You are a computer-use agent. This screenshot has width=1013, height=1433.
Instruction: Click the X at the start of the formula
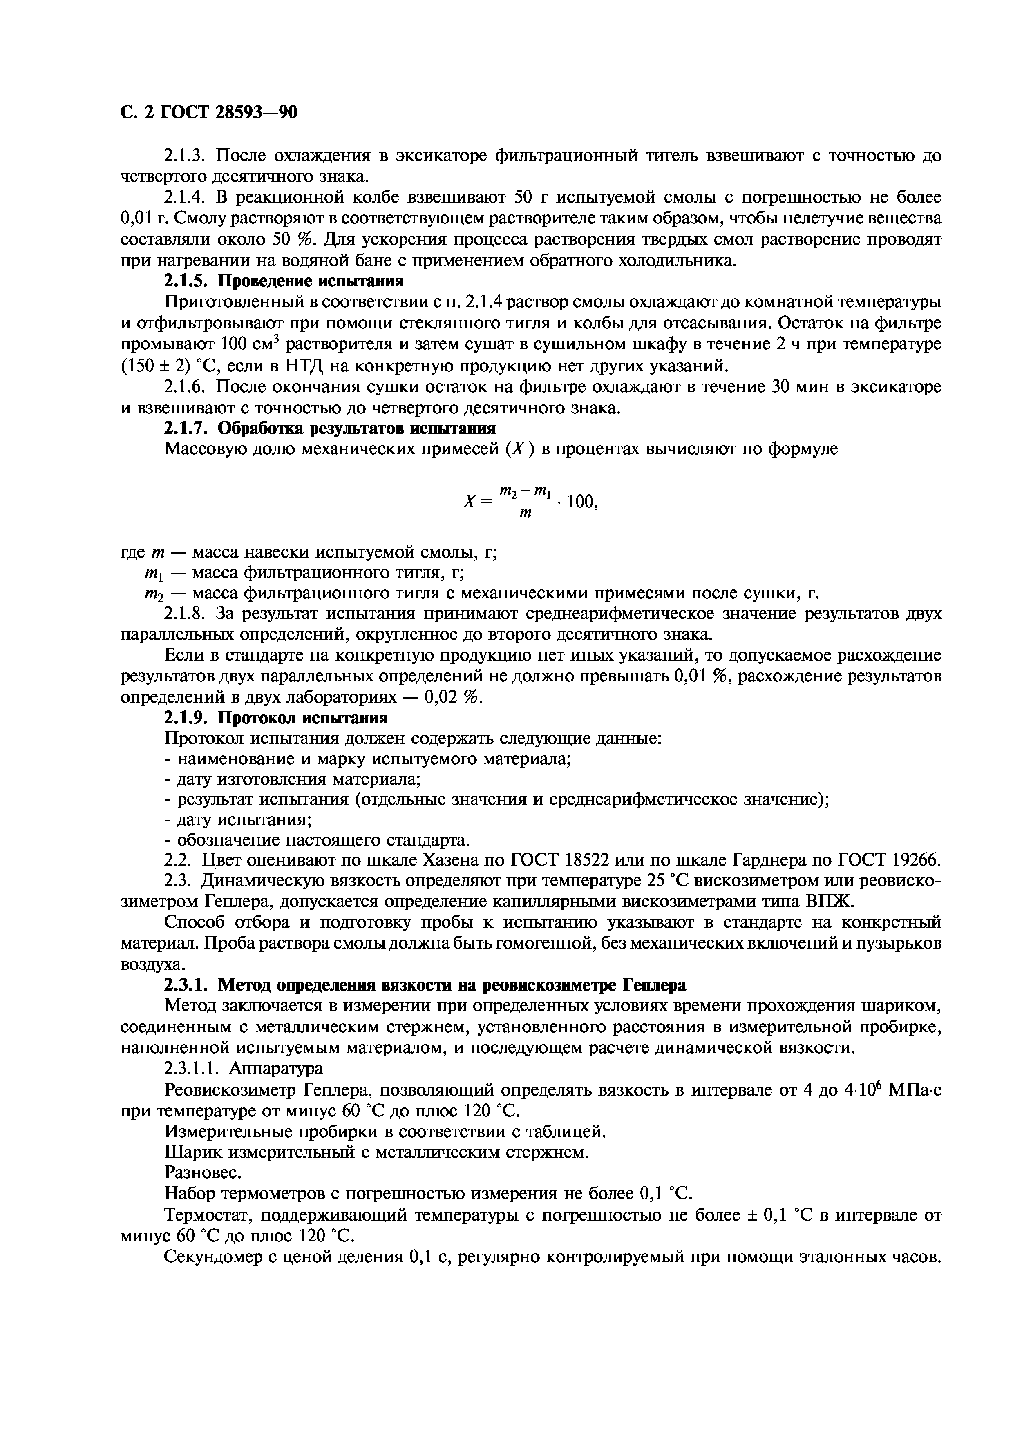[470, 501]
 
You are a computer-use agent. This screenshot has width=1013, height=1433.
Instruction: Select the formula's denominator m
[526, 513]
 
